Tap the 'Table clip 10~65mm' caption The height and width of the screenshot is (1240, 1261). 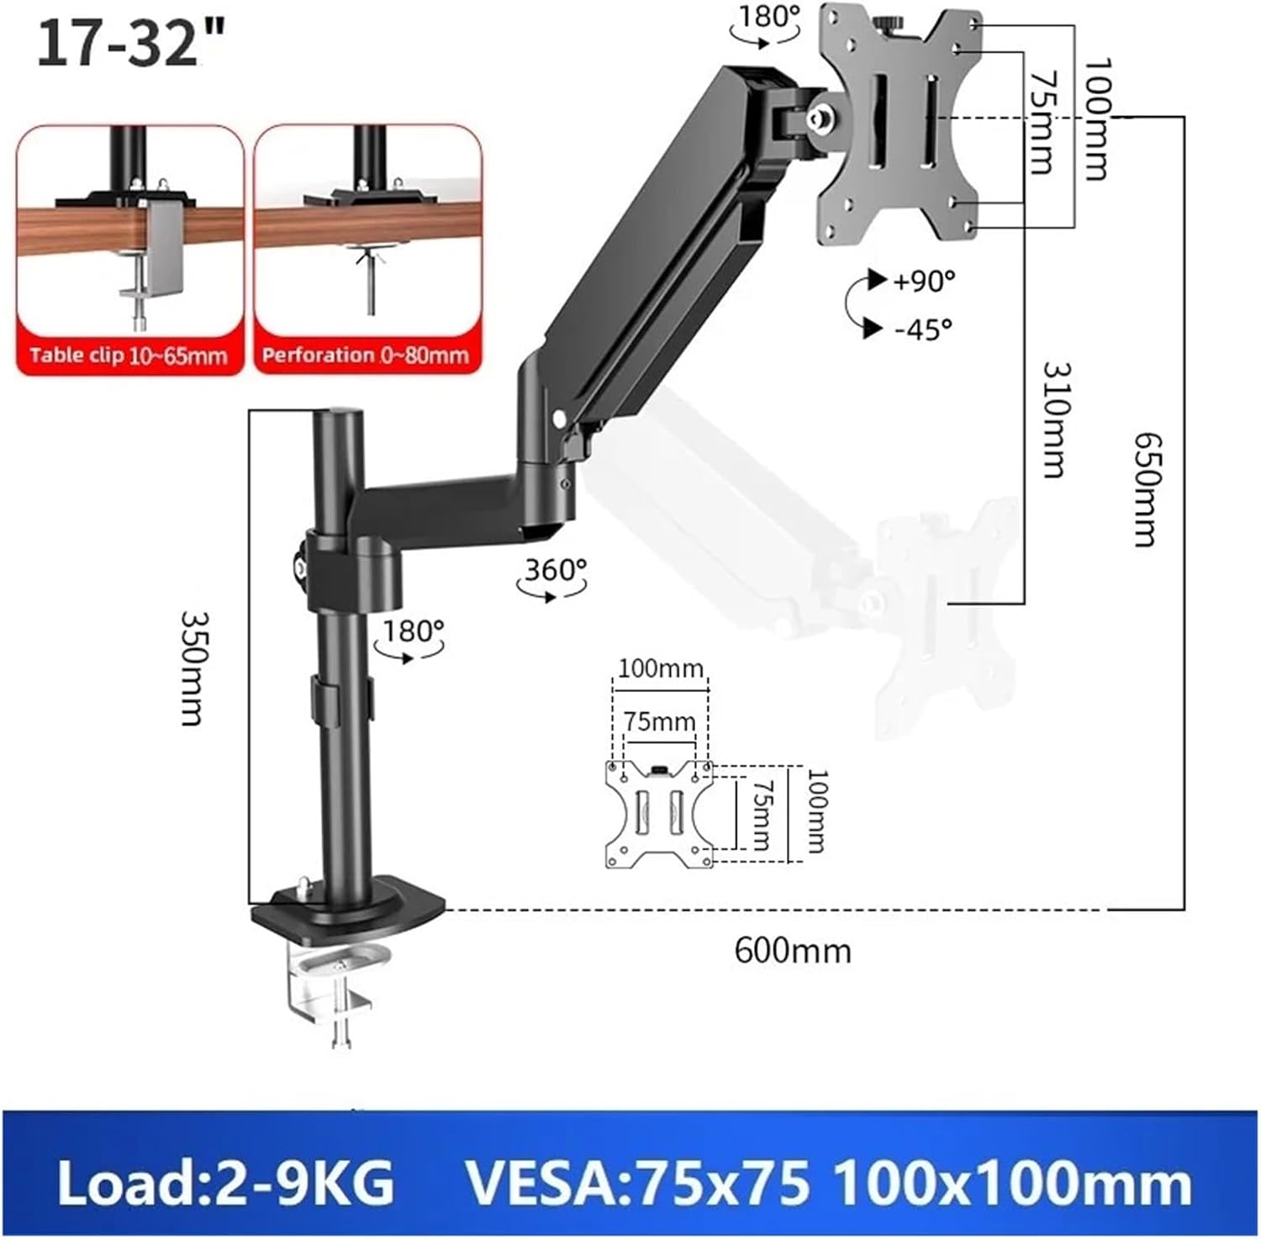tap(129, 356)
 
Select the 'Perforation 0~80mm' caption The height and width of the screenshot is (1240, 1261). tap(365, 355)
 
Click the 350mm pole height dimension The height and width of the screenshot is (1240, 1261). tap(193, 668)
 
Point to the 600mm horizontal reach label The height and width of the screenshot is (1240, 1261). tap(793, 951)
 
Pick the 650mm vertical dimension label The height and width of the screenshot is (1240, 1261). tap(1145, 489)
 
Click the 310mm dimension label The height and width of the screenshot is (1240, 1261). tap(1054, 419)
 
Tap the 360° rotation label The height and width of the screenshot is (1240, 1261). tap(556, 570)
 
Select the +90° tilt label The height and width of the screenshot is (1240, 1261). tap(923, 281)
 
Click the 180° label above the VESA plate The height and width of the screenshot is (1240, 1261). tap(768, 16)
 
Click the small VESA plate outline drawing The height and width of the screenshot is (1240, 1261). tap(659, 814)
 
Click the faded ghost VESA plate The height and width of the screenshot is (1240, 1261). tap(933, 605)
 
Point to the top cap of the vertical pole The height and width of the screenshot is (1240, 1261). tap(339, 416)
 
